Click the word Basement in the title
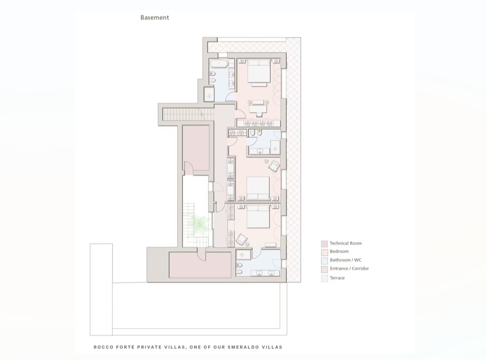[x=155, y=18]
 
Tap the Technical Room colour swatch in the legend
[x=324, y=244]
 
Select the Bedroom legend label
[x=339, y=251]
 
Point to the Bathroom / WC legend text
[x=346, y=260]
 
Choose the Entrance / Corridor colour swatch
[x=324, y=269]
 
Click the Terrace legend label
[x=338, y=278]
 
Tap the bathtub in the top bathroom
[x=219, y=64]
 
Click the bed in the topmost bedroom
[x=258, y=73]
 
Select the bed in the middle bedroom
[x=258, y=188]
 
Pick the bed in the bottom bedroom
[x=258, y=216]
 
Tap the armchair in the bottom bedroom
[x=242, y=239]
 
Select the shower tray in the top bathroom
[x=209, y=94]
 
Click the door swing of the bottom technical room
[x=201, y=255]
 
